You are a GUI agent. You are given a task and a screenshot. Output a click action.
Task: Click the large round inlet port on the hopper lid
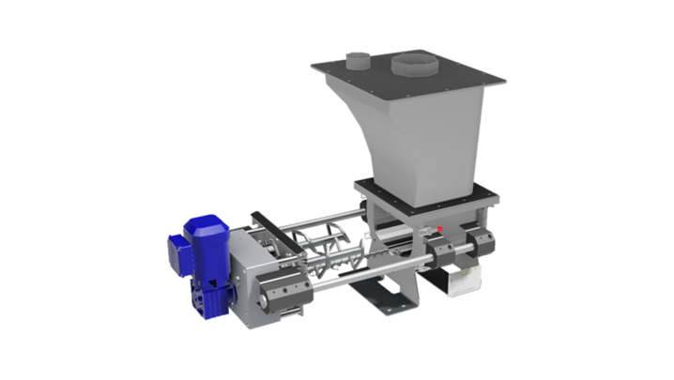[410, 65]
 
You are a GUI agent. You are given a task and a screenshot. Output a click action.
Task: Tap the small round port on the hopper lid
[357, 61]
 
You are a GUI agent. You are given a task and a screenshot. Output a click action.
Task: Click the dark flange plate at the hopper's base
[422, 197]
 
